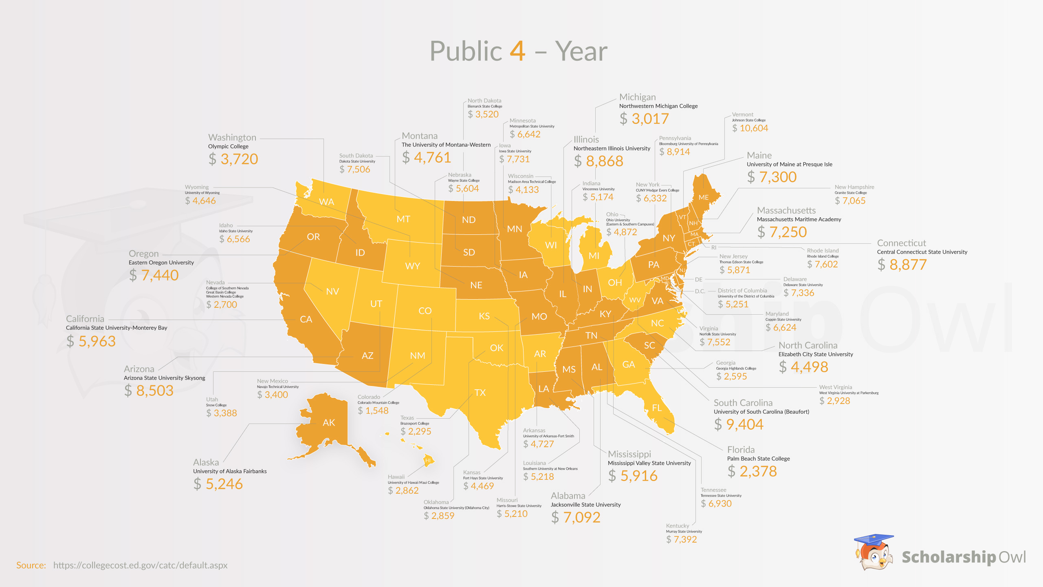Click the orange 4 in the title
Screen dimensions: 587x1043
click(517, 51)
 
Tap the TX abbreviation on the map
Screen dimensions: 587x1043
click(480, 393)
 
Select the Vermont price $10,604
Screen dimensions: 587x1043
click(750, 128)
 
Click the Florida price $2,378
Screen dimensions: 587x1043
click(752, 471)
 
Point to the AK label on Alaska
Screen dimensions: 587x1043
click(329, 423)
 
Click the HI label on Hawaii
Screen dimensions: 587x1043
click(428, 461)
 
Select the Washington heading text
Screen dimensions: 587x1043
click(232, 137)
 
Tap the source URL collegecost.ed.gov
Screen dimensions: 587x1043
click(140, 565)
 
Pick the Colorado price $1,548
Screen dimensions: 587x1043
click(373, 410)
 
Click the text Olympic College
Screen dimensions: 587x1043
click(228, 146)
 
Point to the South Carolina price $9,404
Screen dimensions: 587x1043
click(739, 424)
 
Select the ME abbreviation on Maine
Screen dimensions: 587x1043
click(704, 197)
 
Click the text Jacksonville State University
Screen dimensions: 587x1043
click(585, 505)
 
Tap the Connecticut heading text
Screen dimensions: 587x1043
click(901, 243)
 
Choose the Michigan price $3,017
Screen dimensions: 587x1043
click(644, 119)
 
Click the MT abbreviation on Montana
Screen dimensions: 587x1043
click(403, 219)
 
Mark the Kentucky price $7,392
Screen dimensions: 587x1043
click(682, 539)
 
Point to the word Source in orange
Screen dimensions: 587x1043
click(31, 565)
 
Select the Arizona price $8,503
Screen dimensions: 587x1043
click(149, 391)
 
